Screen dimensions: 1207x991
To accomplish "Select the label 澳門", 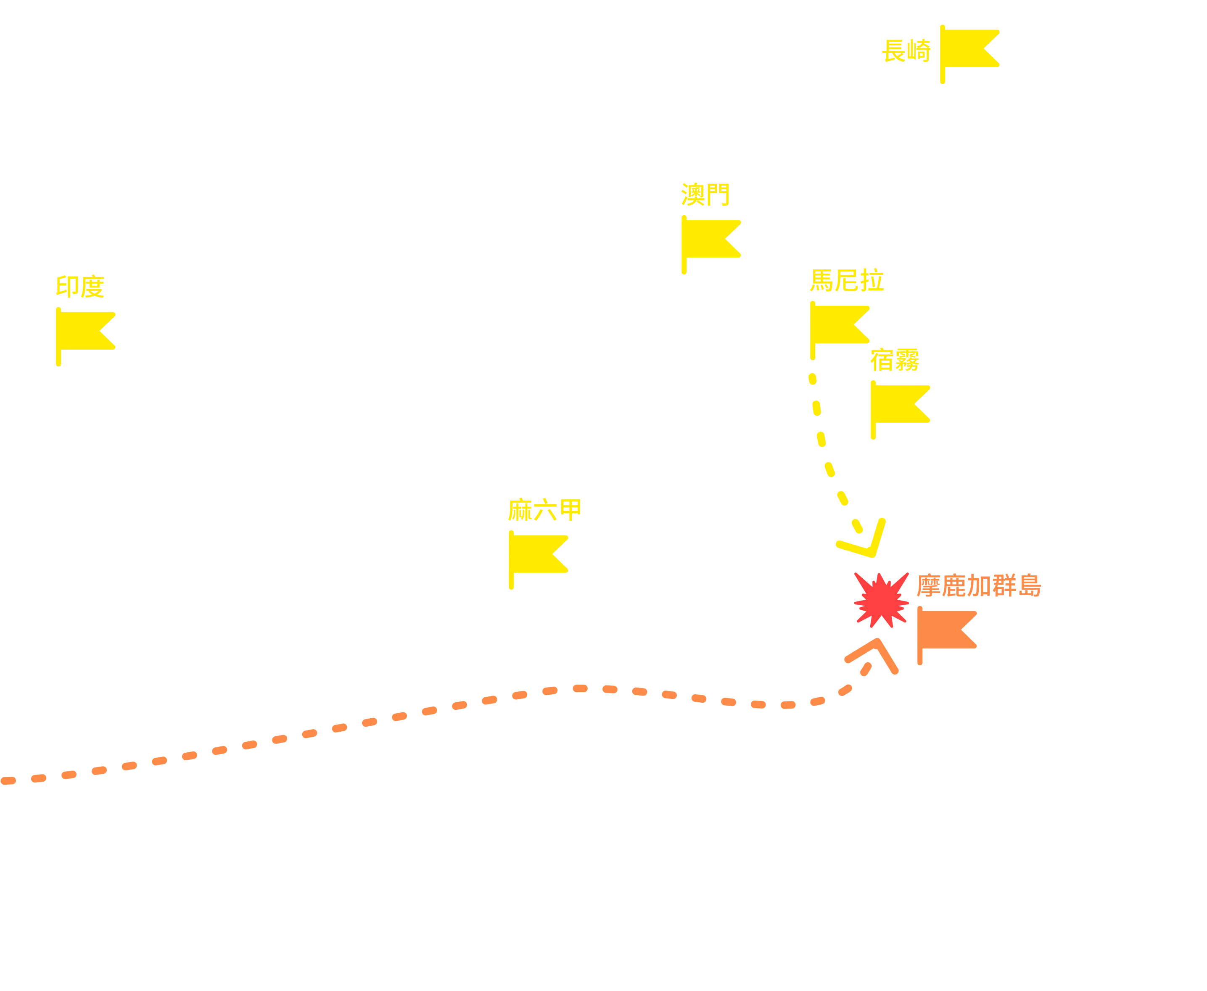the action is coord(705,194).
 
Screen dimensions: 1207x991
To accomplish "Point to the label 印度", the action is coord(80,286).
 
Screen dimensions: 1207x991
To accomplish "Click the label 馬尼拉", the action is coord(847,280).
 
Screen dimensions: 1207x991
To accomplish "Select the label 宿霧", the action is coord(895,360).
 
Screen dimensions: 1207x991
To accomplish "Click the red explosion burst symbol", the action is coord(881,600).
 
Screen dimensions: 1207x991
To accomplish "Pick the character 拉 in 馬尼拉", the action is coord(872,280).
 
